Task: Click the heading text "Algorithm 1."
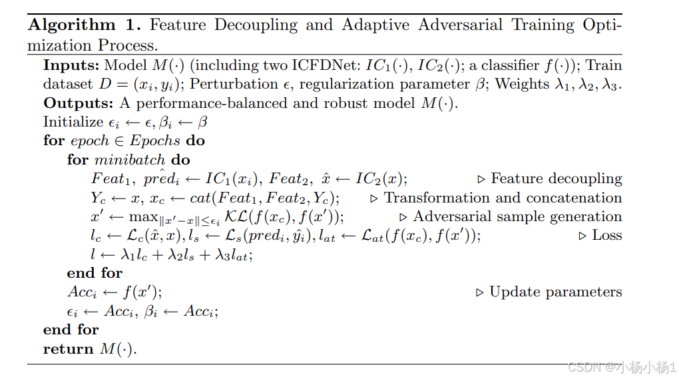coord(85,25)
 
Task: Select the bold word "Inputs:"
coord(71,66)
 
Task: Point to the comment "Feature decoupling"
coord(556,179)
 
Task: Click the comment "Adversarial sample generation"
coord(517,216)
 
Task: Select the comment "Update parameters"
coord(555,292)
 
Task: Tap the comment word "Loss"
coord(606,235)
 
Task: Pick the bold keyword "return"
coord(67,348)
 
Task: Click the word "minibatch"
coord(122,160)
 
